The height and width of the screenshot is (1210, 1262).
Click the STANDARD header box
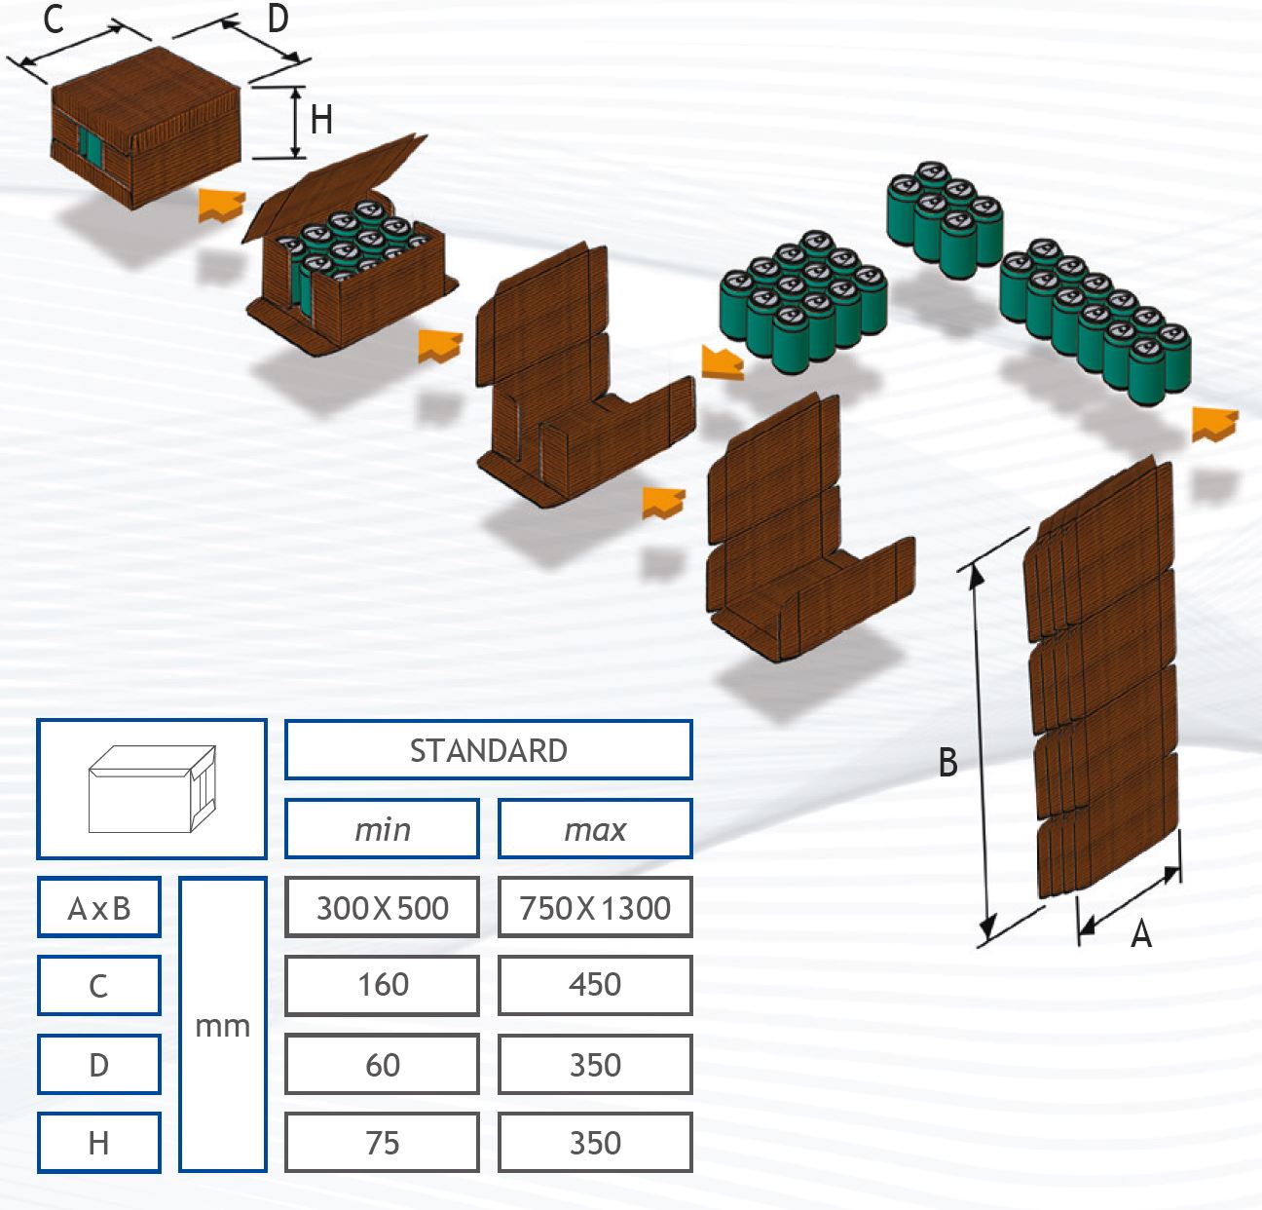pyautogui.click(x=488, y=750)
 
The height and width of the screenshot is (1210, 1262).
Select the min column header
pyautogui.click(x=382, y=829)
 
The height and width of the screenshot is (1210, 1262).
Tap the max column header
pyautogui.click(x=595, y=829)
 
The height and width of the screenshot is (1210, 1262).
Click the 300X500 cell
pyautogui.click(x=382, y=908)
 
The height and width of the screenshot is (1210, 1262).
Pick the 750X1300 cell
pyautogui.click(x=595, y=908)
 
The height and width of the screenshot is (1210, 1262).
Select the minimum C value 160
pyautogui.click(x=382, y=985)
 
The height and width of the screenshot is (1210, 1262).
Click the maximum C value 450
pyautogui.click(x=595, y=985)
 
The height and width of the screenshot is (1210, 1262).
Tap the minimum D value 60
pyautogui.click(x=382, y=1064)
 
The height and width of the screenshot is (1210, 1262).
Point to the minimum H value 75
pyautogui.click(x=382, y=1142)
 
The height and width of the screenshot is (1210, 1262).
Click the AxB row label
pyautogui.click(x=98, y=908)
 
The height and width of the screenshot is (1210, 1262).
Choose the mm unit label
pyautogui.click(x=223, y=1025)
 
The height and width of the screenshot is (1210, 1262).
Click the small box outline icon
pyautogui.click(x=152, y=789)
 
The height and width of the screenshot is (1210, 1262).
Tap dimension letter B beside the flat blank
pyautogui.click(x=947, y=762)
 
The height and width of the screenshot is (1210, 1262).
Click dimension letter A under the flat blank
pyautogui.click(x=1140, y=935)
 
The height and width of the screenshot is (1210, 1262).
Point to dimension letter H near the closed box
pyautogui.click(x=321, y=121)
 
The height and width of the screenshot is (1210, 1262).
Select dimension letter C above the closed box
pyautogui.click(x=54, y=19)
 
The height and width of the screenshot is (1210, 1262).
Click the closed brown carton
pyautogui.click(x=146, y=127)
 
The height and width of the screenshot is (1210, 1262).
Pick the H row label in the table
pyautogui.click(x=98, y=1142)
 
